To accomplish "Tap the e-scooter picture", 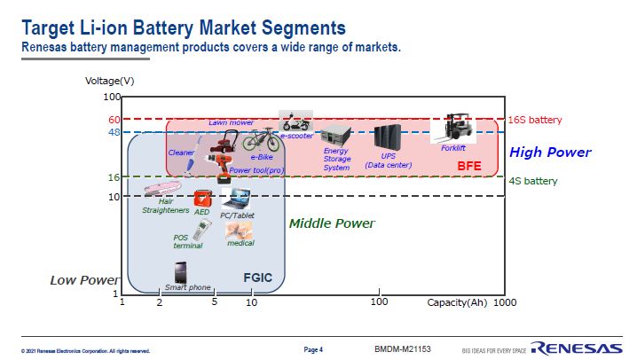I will click(x=295, y=121).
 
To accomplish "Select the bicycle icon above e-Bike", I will click(x=263, y=138).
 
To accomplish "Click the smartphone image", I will click(x=180, y=272).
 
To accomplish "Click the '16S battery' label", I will click(x=534, y=120).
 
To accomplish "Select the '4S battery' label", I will click(x=532, y=181).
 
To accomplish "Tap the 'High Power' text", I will click(x=550, y=153).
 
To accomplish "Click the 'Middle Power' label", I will click(x=332, y=223).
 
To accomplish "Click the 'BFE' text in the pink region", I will click(x=468, y=166).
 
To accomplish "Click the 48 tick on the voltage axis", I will click(x=114, y=132).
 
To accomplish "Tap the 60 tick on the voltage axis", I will click(x=114, y=120).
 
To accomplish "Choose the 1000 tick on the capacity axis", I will click(x=504, y=302).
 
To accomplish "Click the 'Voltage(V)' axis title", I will click(x=109, y=81).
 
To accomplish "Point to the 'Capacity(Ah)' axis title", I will click(x=456, y=302).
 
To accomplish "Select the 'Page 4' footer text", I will click(x=313, y=348).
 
